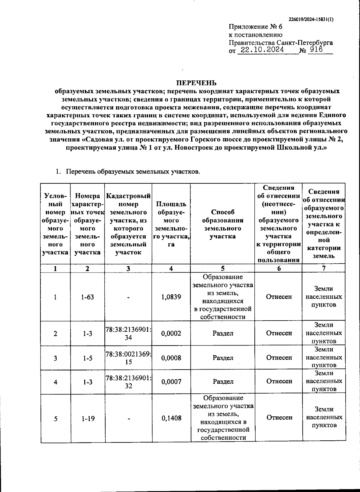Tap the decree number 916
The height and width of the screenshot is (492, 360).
316,50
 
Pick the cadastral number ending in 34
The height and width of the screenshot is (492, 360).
128,334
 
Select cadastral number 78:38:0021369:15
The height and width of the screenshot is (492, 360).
128,358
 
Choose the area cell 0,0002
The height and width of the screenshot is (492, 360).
171,334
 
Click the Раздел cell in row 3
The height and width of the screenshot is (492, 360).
223,358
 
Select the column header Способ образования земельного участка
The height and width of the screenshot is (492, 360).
223,224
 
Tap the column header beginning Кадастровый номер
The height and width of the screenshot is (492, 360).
128,224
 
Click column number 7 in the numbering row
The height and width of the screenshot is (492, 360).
324,268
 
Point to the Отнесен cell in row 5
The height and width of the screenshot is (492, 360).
279,418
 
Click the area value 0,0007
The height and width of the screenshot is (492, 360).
171,382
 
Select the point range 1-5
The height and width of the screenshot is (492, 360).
88,358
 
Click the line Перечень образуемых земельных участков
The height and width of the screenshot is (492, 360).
133,172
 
